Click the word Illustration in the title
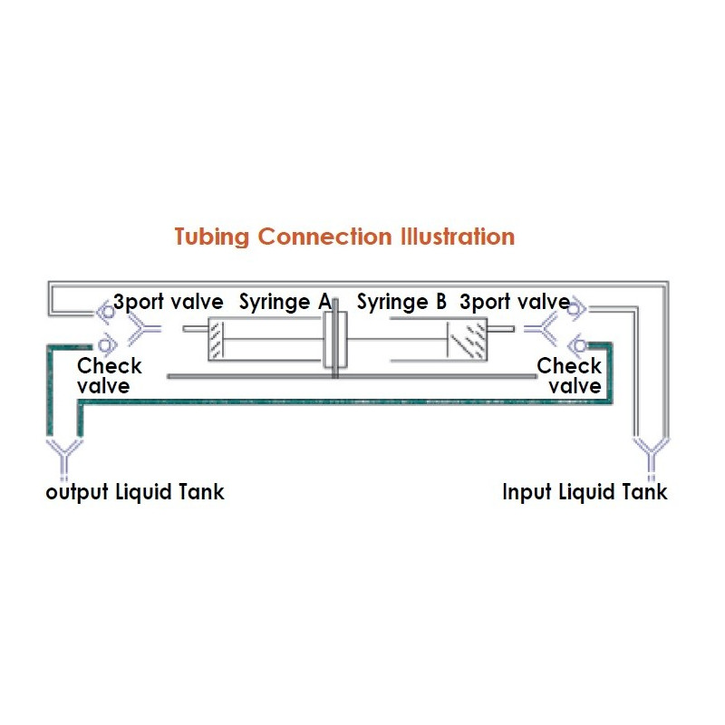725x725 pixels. tap(458, 237)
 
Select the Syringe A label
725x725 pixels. tap(285, 302)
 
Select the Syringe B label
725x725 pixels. tap(401, 302)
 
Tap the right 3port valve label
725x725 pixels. tap(514, 302)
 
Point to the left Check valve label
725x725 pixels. tap(110, 376)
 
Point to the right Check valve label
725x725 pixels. tap(569, 376)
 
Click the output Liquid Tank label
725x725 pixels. tap(135, 492)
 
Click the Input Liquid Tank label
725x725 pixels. tap(585, 492)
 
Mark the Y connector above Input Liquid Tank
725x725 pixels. tap(651, 452)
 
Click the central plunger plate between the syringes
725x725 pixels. tap(330, 339)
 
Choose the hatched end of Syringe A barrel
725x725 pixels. tap(217, 340)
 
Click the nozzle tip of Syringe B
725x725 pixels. tap(504, 331)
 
